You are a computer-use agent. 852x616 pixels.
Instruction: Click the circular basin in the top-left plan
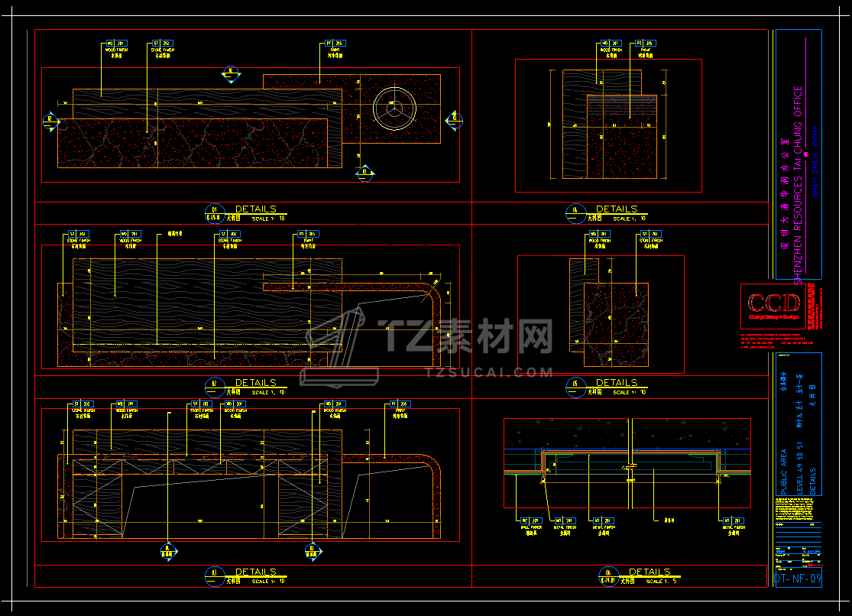(x=394, y=107)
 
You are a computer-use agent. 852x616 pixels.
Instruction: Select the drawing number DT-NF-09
(x=798, y=579)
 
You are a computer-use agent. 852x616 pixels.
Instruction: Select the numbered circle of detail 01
(x=214, y=212)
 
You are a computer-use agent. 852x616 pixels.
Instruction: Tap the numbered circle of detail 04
(x=575, y=212)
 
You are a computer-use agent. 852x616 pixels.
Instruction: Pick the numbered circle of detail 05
(x=575, y=385)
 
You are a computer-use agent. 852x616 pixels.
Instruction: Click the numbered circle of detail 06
(x=608, y=575)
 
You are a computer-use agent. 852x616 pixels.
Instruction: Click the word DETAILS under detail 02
(x=256, y=382)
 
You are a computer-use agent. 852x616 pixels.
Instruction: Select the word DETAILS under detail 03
(x=256, y=572)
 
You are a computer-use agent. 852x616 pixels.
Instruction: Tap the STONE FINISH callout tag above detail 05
(x=650, y=234)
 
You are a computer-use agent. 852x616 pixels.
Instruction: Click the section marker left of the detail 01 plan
(x=51, y=119)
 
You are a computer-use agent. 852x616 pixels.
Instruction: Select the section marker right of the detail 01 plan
(x=454, y=118)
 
